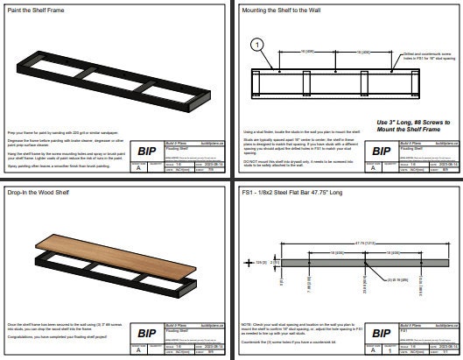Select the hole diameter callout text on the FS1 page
[375, 279]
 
